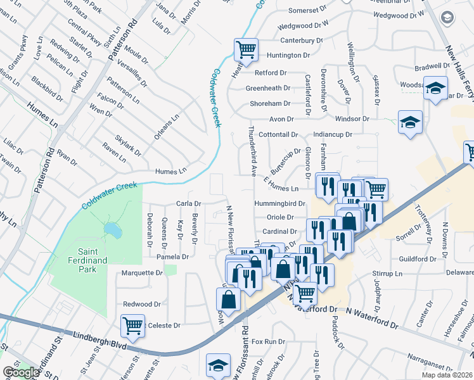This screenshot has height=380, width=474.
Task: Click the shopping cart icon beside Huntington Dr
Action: tap(245, 48)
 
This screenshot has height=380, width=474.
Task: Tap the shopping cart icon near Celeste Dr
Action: tap(133, 326)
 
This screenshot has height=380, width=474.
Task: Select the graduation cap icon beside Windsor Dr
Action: tap(410, 122)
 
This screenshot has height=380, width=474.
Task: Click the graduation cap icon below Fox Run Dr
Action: tap(218, 365)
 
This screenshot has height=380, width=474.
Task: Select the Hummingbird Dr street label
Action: tap(279, 204)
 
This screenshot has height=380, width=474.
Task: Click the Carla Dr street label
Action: tap(188, 204)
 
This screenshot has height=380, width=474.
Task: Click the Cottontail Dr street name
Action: tap(278, 135)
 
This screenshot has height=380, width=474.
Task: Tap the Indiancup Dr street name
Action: tap(332, 135)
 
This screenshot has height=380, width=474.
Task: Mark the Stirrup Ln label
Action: tap(388, 274)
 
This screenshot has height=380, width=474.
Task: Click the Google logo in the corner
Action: tap(20, 372)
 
